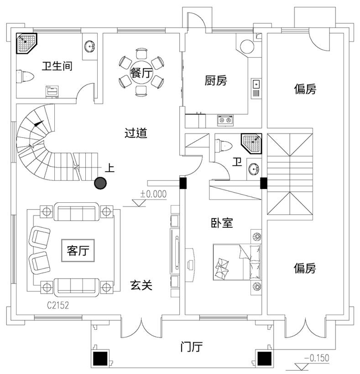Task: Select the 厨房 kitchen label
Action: [215, 81]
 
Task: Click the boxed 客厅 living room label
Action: [78, 251]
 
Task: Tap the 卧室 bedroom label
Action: [222, 223]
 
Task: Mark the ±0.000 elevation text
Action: [153, 194]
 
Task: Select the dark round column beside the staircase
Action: [100, 184]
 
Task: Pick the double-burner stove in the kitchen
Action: [226, 120]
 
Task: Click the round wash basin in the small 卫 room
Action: [254, 170]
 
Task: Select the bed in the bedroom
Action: [237, 261]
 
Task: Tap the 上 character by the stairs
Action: [110, 168]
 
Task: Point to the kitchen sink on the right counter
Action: [256, 84]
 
